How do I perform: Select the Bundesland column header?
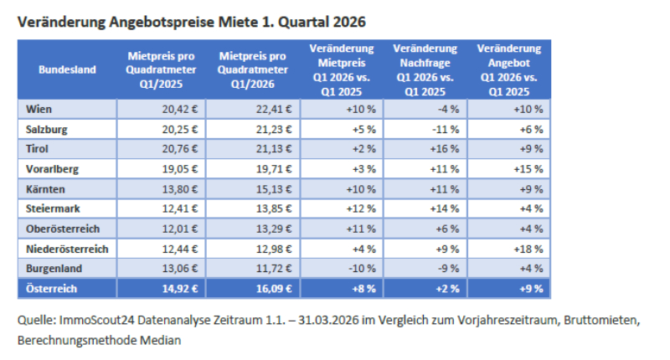[x=67, y=69]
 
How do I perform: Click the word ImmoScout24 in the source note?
[x=90, y=321]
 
